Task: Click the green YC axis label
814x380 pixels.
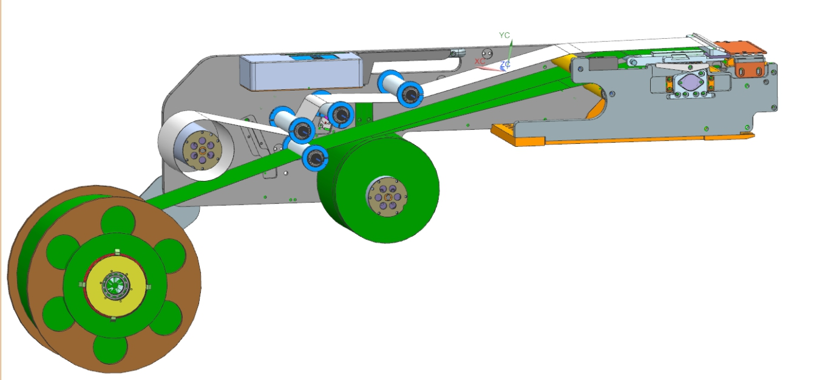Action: coord(504,35)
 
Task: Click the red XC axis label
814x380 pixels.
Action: coord(480,61)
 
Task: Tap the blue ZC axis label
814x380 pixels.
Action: coord(505,65)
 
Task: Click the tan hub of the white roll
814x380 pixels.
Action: coord(202,151)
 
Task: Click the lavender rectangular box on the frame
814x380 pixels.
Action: coord(302,71)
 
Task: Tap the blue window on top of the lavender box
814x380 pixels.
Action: coord(313,57)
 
